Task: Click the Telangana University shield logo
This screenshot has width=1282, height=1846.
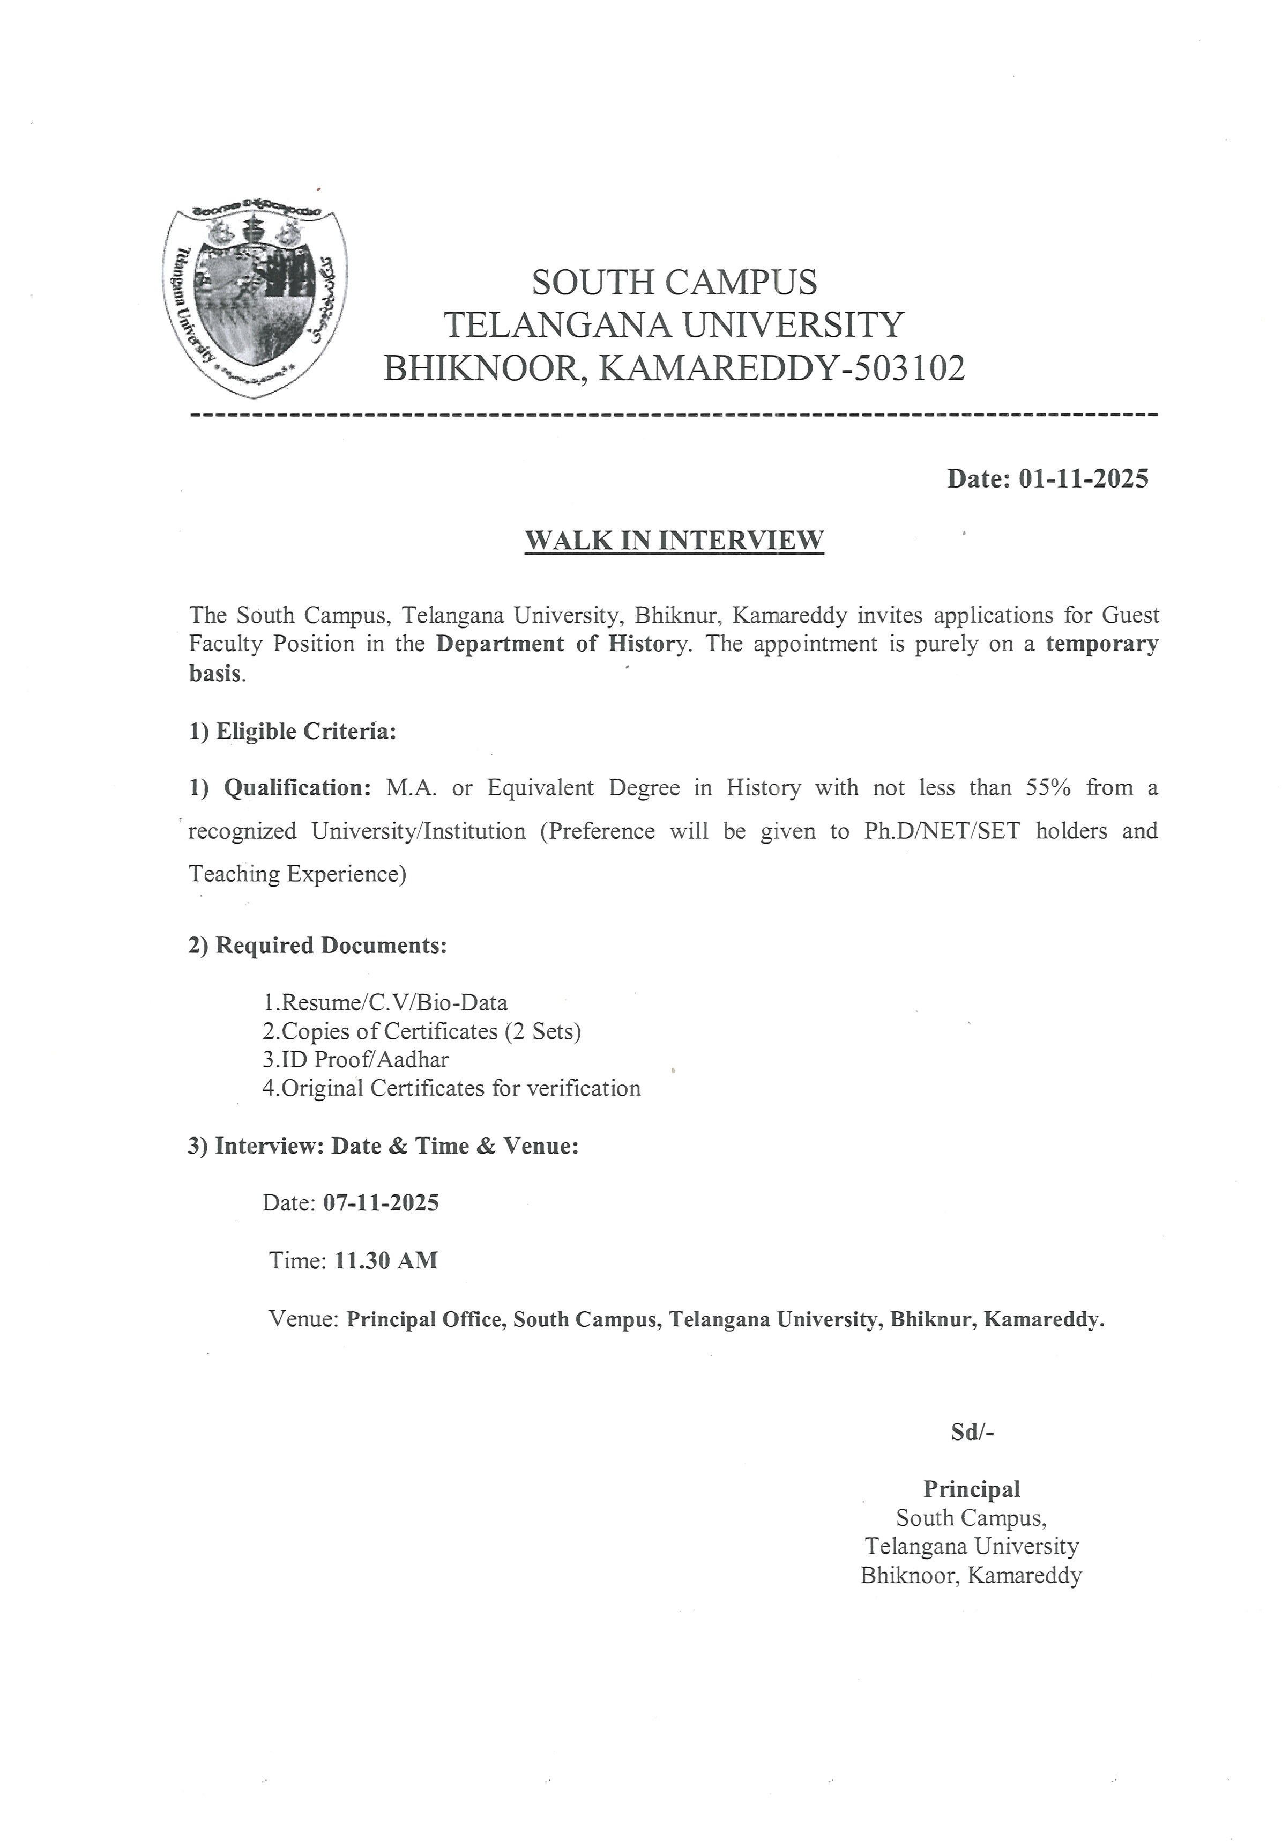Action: pyautogui.click(x=256, y=300)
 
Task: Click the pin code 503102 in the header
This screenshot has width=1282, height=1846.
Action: pyautogui.click(x=910, y=369)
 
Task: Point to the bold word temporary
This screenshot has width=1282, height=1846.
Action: pyautogui.click(x=1101, y=644)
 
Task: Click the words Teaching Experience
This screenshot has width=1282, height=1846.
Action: pyautogui.click(x=297, y=874)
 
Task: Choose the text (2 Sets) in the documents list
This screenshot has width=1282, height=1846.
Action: pyautogui.click(x=542, y=1031)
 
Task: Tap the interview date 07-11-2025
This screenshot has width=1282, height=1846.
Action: pyautogui.click(x=381, y=1203)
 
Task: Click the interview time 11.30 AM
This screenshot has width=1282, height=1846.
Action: pyautogui.click(x=385, y=1260)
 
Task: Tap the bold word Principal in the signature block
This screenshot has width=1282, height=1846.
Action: pyautogui.click(x=971, y=1489)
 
